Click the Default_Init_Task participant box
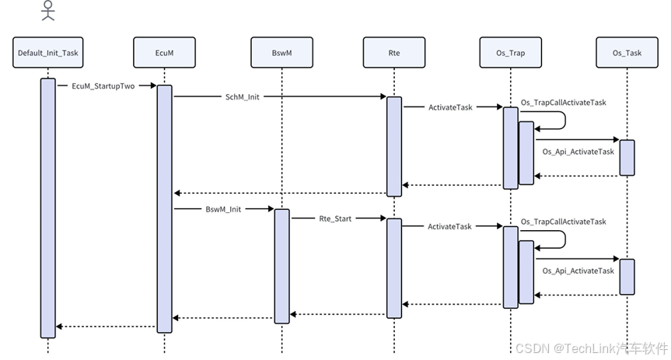[48, 53]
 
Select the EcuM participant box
[164, 53]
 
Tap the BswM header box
[281, 53]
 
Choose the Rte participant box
[393, 53]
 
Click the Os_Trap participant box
[509, 53]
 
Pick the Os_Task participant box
[627, 53]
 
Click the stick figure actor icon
[48, 11]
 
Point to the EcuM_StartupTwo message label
[103, 86]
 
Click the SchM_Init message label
[243, 97]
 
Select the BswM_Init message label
[223, 209]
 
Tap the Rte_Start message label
[335, 218]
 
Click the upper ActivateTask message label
[450, 107]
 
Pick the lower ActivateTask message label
[449, 226]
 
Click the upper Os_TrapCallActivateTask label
[563, 102]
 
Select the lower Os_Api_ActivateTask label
[578, 271]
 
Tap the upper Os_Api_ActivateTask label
[578, 152]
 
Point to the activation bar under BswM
[281, 264]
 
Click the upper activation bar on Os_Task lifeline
[627, 157]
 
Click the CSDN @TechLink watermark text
[590, 348]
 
